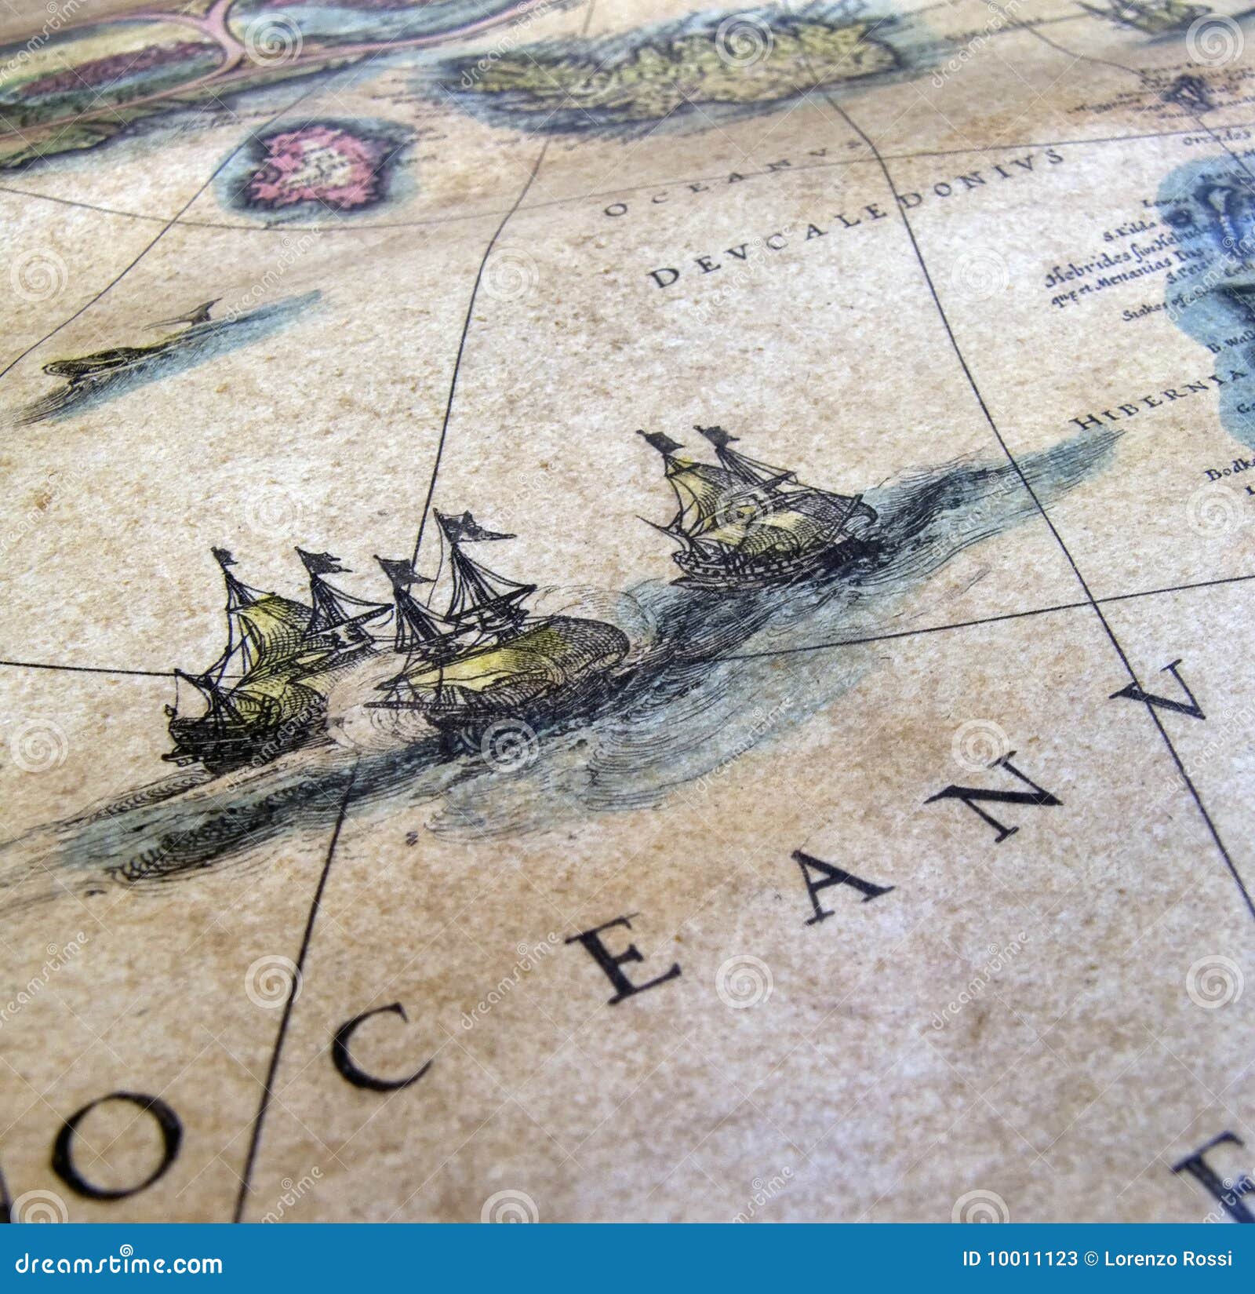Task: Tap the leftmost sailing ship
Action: tap(251, 667)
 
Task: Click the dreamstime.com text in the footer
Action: tap(114, 1264)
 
